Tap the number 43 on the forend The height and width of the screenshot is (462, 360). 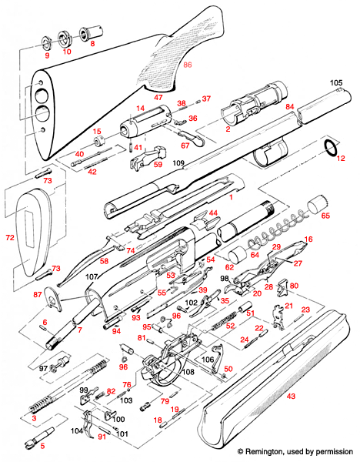[x=291, y=396]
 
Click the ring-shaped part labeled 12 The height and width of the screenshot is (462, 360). [x=331, y=146]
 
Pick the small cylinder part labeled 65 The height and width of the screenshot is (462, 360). [x=315, y=206]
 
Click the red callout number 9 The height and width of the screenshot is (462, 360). [x=46, y=57]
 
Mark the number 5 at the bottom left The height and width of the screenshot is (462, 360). [x=42, y=445]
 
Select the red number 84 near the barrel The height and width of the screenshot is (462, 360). [x=290, y=105]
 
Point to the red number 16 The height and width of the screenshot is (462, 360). [x=309, y=240]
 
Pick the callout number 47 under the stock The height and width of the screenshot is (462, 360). [x=159, y=99]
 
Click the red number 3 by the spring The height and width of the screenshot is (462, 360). [x=33, y=417]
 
